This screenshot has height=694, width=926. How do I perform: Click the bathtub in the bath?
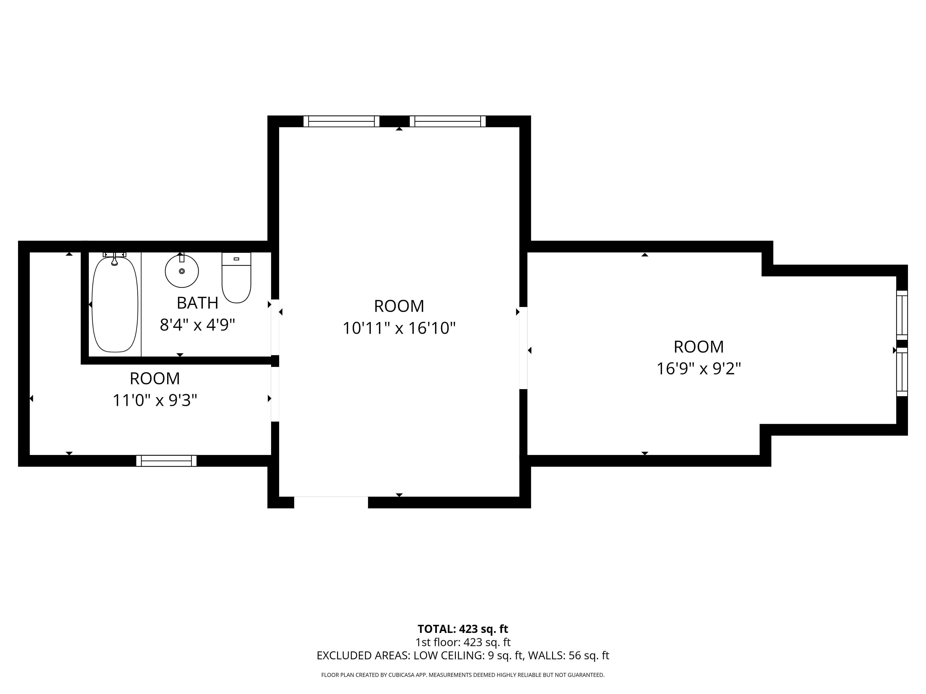tap(115, 304)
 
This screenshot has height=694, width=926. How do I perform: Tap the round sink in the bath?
tap(182, 271)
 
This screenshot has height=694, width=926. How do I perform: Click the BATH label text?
tap(197, 303)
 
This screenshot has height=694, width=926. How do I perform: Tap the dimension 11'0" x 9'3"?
tap(155, 400)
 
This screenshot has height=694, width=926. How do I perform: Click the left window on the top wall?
tap(341, 121)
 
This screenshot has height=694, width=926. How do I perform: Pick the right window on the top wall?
tap(447, 121)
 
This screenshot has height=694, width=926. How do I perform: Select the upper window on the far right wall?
tap(902, 315)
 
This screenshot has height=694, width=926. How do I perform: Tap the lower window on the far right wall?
tap(902, 372)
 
